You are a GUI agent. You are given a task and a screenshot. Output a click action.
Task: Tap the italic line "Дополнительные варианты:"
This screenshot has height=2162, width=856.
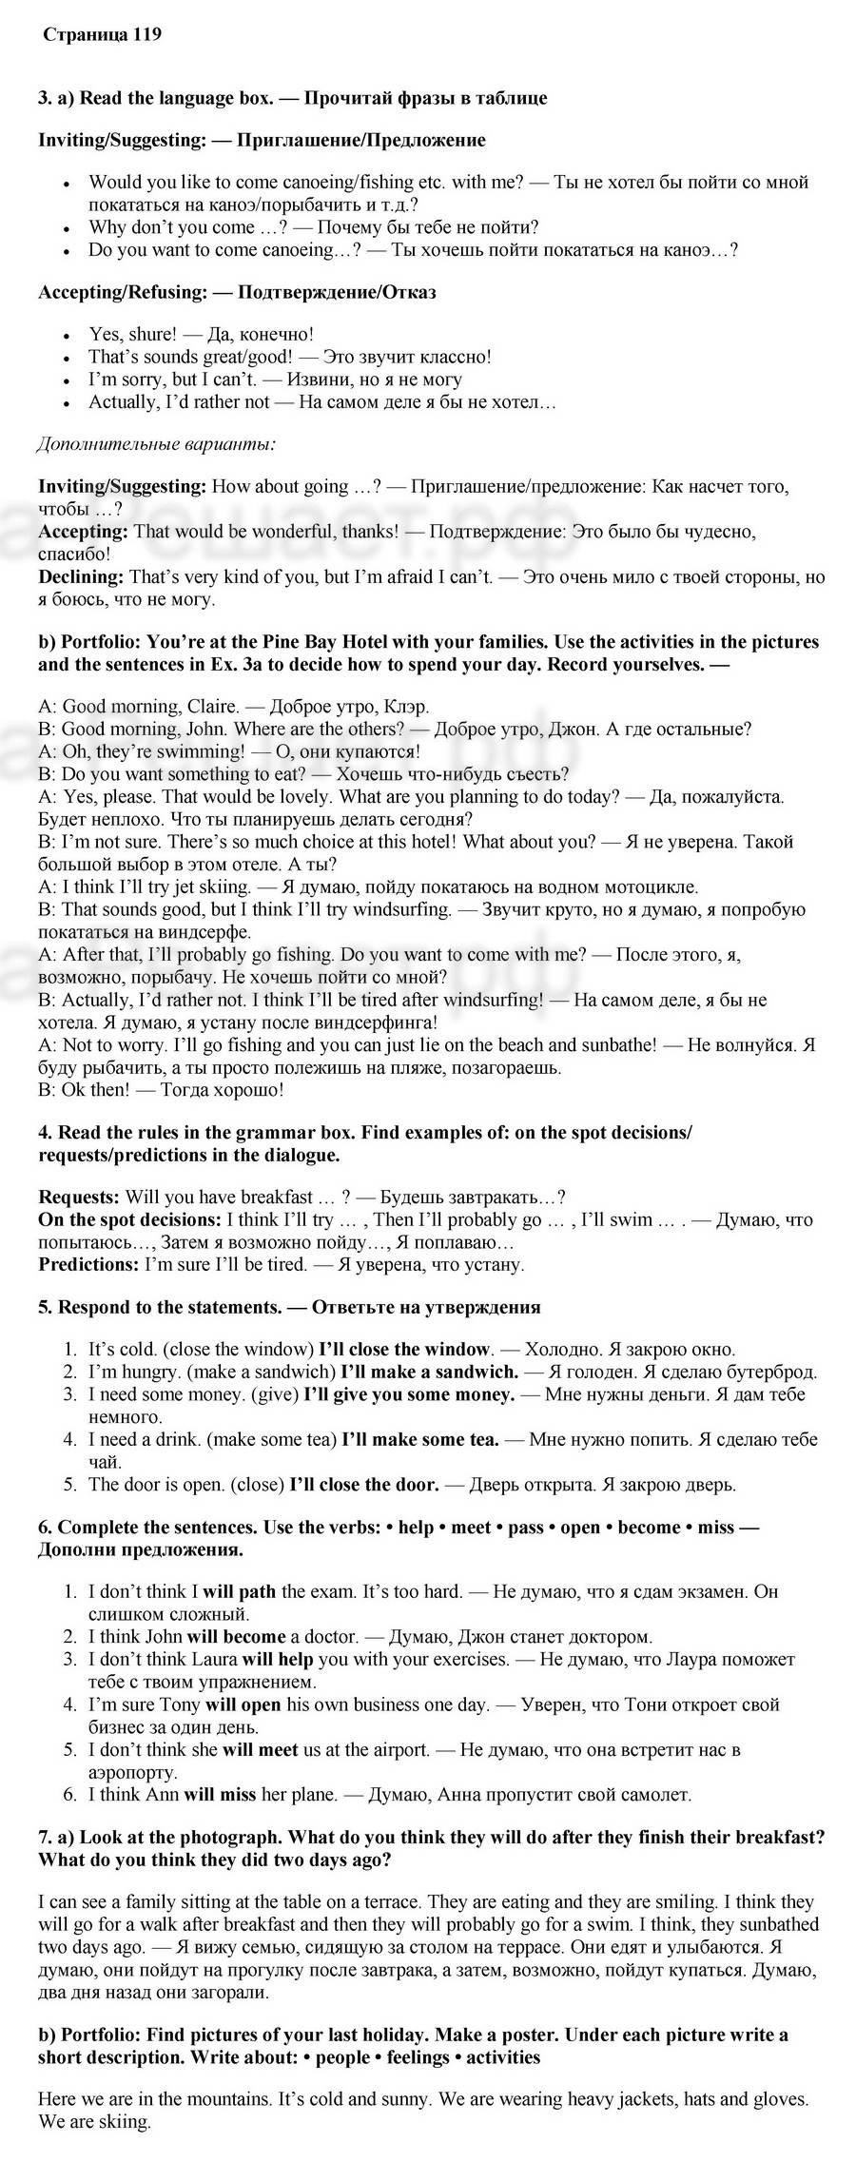pyautogui.click(x=157, y=443)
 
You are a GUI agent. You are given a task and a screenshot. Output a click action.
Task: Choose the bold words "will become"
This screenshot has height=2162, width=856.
pyautogui.click(x=236, y=1637)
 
